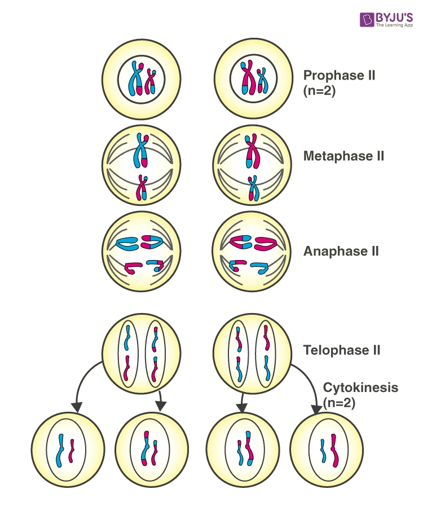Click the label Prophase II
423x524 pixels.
[x=339, y=75]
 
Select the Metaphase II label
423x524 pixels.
[x=343, y=156]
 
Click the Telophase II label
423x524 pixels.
[x=342, y=350]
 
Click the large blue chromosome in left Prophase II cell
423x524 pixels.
[x=136, y=79]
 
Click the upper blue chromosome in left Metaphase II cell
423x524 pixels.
[x=140, y=151]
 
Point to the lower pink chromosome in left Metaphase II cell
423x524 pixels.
[x=140, y=188]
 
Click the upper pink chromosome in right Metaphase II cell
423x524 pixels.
[x=252, y=151]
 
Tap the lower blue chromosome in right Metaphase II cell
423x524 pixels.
[x=253, y=188]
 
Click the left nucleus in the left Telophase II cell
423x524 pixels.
[x=129, y=353]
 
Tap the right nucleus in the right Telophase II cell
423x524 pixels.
[x=265, y=353]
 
